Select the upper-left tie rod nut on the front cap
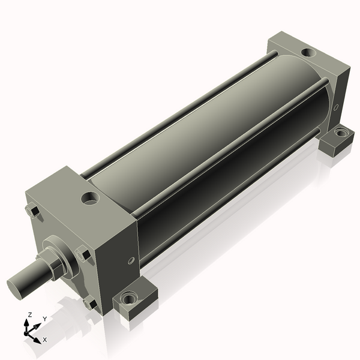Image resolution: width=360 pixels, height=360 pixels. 34,211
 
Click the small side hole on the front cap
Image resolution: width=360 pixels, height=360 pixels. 131,260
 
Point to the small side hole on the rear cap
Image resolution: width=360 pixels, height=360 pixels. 336,108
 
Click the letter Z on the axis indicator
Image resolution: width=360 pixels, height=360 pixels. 29,314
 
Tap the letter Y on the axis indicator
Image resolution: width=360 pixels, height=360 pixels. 44,319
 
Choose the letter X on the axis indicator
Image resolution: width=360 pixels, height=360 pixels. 44,340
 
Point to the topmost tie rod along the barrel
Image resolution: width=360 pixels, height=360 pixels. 180,114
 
